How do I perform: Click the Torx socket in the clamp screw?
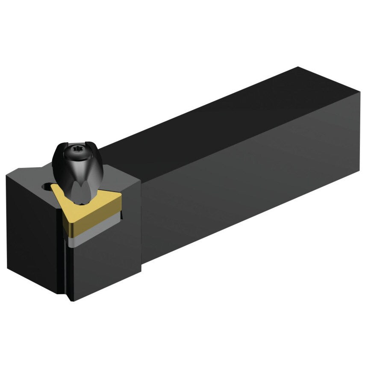pos(78,149)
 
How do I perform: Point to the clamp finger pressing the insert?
pos(79,192)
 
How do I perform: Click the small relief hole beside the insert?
pos(45,186)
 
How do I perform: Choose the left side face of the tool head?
pos(32,235)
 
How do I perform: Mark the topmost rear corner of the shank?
pos(298,67)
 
